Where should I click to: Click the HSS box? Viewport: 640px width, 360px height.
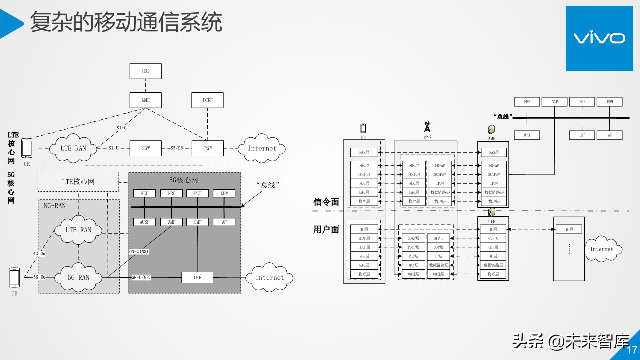[x=146, y=71]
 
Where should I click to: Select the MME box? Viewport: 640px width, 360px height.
[x=146, y=100]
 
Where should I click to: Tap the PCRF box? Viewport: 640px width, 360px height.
[x=207, y=100]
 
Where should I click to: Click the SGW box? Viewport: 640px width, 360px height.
[x=146, y=148]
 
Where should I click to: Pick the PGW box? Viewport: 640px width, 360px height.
[x=207, y=148]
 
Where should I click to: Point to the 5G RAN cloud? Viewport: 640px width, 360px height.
[x=79, y=277]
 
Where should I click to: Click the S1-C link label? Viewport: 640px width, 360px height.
[x=121, y=128]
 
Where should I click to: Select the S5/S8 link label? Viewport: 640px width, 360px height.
[x=176, y=148]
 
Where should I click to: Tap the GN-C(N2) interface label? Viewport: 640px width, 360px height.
[x=139, y=252]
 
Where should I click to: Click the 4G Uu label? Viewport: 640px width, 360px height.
[x=39, y=254]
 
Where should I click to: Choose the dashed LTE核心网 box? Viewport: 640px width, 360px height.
[x=78, y=182]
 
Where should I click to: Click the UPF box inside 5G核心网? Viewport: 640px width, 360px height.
[x=197, y=277]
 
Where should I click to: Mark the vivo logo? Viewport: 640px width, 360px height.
[x=599, y=38]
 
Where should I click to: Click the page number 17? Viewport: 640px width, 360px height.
[x=632, y=350]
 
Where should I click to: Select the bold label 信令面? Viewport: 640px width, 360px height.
[x=326, y=202]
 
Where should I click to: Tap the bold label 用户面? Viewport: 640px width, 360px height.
[x=326, y=229]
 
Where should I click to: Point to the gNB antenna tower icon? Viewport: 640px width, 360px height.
[x=427, y=127]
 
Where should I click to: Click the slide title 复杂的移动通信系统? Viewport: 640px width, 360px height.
[x=126, y=22]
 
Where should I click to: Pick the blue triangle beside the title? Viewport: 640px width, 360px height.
[x=11, y=23]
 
